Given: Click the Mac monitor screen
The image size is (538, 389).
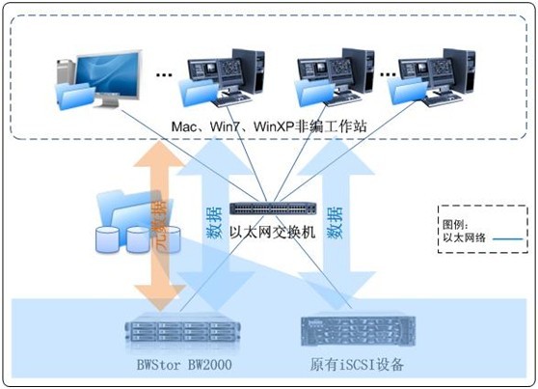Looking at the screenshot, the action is (x=108, y=74).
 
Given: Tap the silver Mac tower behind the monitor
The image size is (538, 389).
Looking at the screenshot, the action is (x=66, y=71).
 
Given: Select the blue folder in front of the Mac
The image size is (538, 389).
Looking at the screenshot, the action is (x=76, y=97).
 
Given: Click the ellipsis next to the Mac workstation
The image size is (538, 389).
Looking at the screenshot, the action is (x=164, y=74).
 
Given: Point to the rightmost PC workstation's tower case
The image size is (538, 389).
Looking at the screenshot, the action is (x=459, y=70).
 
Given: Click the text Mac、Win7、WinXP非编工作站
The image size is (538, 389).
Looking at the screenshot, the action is (x=269, y=126).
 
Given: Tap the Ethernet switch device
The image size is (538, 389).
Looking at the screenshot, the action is (x=273, y=208).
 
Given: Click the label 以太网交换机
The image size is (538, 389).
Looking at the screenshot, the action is (x=273, y=233).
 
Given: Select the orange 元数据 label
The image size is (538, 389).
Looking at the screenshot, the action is (x=159, y=225).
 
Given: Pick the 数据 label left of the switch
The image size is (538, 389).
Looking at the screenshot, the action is (x=214, y=223).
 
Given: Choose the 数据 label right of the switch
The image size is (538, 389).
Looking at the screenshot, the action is (x=335, y=223).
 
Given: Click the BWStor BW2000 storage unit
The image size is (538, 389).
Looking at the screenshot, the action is (x=182, y=331).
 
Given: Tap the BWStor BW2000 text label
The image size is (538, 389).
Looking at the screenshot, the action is (x=184, y=365).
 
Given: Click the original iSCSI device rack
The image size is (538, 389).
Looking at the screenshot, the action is (x=359, y=331).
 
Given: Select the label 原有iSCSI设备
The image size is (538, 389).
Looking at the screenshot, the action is (x=357, y=365).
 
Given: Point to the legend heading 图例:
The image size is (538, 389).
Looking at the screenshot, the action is (x=455, y=225).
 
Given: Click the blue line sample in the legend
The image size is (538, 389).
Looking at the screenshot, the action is (x=508, y=238).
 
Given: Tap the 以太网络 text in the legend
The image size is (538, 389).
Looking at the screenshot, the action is (x=464, y=237).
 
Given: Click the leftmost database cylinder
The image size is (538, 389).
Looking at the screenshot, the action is (x=107, y=239).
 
